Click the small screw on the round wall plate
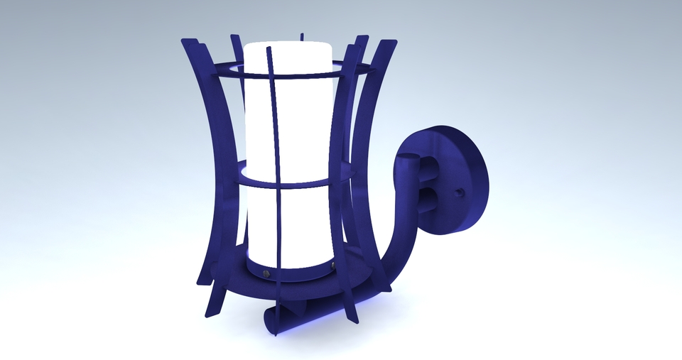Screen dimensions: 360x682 [x=460, y=192]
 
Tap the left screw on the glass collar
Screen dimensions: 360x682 [x=266, y=273]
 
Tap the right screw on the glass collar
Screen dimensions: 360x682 [x=331, y=266]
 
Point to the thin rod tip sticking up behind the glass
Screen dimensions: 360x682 [x=302, y=36]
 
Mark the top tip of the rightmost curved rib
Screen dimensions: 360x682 [x=391, y=43]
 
